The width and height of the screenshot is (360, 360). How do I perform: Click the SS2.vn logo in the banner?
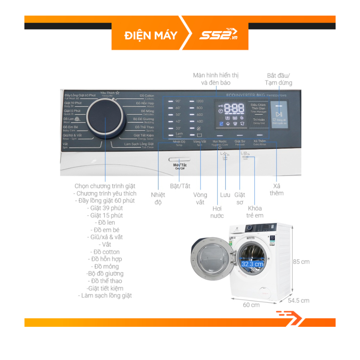click(x=218, y=35)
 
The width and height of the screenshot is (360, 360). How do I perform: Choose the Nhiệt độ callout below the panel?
click(x=158, y=198)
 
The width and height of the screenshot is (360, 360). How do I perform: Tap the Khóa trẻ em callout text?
click(x=255, y=212)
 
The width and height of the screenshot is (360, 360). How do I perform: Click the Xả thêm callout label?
click(x=276, y=190)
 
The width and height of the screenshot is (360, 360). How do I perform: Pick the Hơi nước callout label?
click(x=217, y=212)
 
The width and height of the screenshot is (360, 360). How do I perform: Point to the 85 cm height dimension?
click(x=301, y=262)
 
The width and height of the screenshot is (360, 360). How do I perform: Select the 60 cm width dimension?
click(x=251, y=305)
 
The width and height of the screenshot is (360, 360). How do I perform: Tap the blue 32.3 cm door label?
click(x=252, y=264)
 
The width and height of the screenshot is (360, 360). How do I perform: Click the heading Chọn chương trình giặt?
click(x=105, y=186)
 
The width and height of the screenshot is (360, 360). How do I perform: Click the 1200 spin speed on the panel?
click(x=200, y=101)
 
